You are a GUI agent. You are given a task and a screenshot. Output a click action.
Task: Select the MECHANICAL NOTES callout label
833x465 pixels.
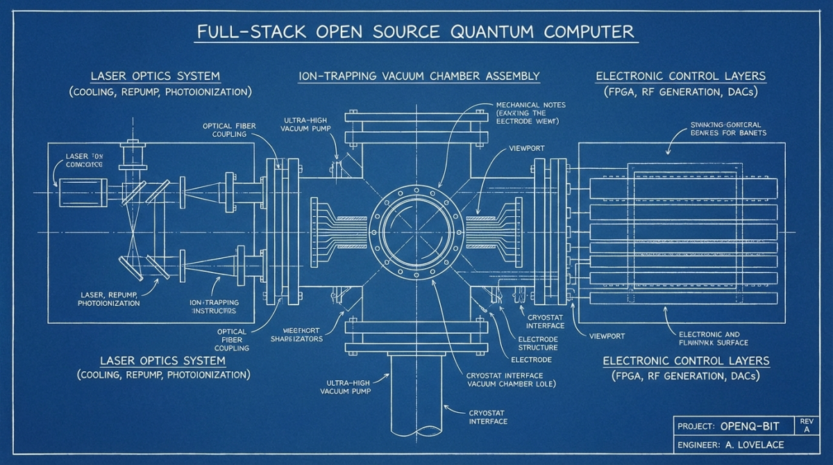530,105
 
